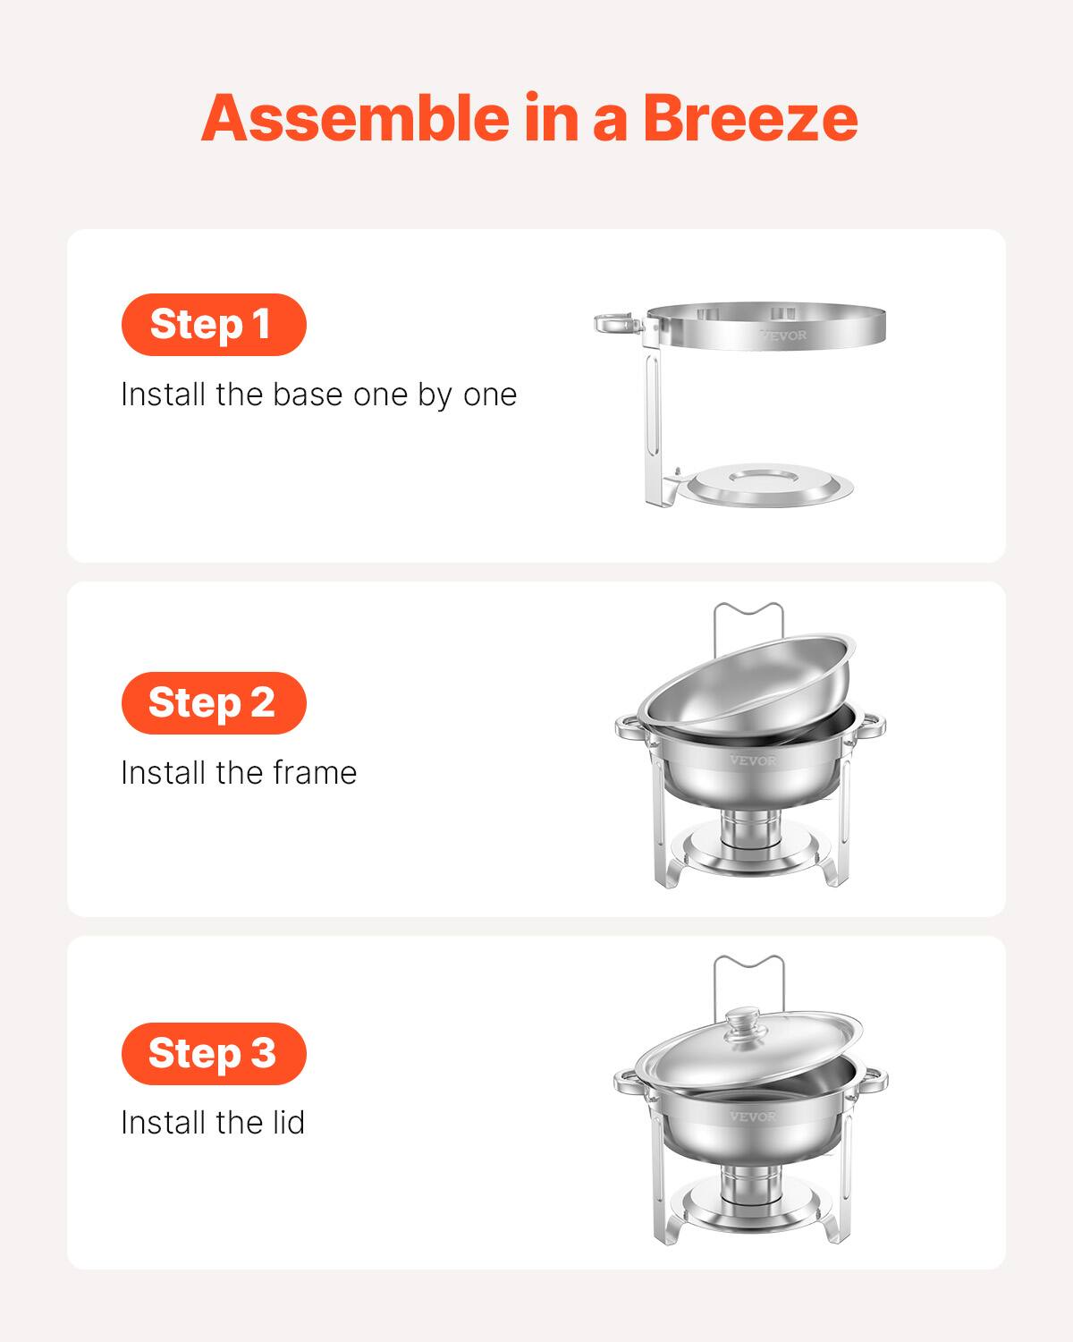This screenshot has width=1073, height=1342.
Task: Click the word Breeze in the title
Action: pos(749,118)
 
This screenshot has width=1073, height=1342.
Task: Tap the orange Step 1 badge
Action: pos(214,324)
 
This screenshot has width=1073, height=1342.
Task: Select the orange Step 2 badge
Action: pos(214,702)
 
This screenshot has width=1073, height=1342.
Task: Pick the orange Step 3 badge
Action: pos(214,1053)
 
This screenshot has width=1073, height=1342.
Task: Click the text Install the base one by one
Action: pos(318,395)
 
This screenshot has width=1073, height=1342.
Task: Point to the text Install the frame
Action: pos(239,773)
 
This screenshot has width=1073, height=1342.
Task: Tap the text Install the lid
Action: pos(213,1123)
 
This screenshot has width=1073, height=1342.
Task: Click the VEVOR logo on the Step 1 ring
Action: pos(783,335)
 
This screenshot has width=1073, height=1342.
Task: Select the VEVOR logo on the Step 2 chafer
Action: pos(753,760)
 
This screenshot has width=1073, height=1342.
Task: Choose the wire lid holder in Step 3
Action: pos(749,968)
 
